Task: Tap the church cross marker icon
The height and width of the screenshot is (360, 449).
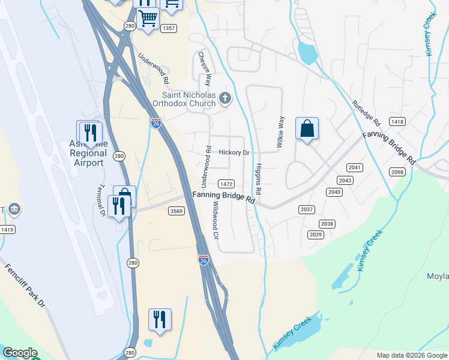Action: point(225,98)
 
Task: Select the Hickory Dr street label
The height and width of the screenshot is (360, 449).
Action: point(234,153)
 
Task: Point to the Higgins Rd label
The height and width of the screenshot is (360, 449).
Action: point(259,179)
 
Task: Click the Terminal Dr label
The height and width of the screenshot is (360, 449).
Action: point(101,200)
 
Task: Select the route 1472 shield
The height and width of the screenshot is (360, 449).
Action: point(226,184)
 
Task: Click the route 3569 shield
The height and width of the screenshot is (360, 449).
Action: point(176,211)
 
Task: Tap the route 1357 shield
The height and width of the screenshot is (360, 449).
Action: point(169,28)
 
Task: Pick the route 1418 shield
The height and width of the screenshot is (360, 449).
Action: point(397,122)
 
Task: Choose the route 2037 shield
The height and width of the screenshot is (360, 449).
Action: point(306,209)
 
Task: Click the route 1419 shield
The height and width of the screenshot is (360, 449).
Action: point(7,229)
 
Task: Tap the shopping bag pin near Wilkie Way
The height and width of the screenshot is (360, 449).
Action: point(307,129)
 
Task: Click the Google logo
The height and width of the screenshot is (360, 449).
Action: point(20,353)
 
